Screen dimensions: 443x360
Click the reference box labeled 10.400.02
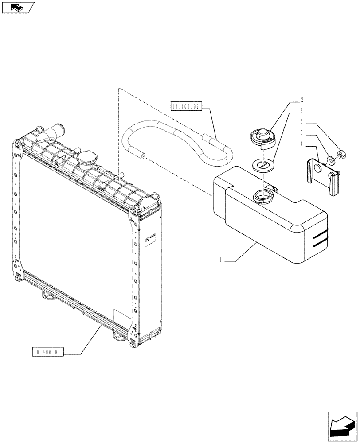[186, 106]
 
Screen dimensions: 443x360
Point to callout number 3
[301, 110]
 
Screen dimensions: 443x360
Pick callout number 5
[301, 132]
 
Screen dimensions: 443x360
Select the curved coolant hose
[177, 142]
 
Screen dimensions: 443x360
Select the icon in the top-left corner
[18, 7]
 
